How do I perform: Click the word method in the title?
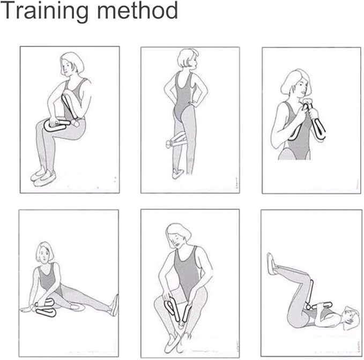tap(137, 10)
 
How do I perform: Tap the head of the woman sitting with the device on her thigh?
tap(72, 64)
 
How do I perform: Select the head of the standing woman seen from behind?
tap(188, 58)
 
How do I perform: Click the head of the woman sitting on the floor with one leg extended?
tap(44, 252)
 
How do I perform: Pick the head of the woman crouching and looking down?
tap(177, 236)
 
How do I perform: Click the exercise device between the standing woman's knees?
tap(176, 140)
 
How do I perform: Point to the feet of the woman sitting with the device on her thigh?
tap(43, 177)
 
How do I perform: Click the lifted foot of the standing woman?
tap(177, 174)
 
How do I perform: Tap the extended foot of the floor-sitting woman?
tap(115, 305)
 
